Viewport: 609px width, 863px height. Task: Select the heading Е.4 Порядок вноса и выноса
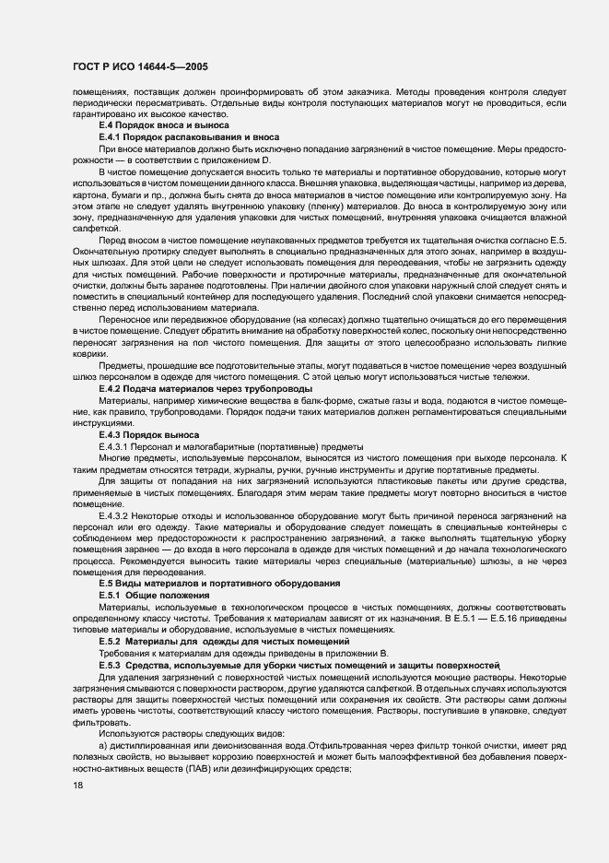[164, 124]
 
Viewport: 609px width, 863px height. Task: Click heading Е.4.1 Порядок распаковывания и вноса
[188, 136]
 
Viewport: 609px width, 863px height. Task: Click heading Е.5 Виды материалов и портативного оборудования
[219, 584]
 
